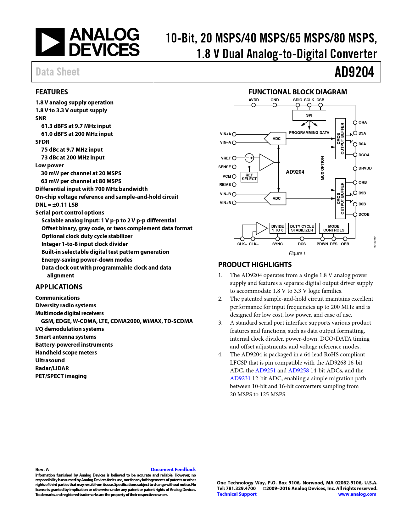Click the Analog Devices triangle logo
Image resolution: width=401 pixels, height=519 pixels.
[50, 42]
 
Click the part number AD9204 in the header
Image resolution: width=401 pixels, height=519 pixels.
[354, 72]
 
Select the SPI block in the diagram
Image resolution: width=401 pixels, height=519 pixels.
[309, 115]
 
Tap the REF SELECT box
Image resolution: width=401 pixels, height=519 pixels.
[249, 177]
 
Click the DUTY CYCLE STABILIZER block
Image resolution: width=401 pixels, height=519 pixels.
[302, 228]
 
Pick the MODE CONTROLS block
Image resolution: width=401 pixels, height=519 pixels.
[334, 228]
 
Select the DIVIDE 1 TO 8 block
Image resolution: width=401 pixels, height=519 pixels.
[277, 228]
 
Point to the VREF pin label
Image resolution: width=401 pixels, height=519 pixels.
[226, 158]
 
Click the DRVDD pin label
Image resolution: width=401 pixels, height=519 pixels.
[365, 168]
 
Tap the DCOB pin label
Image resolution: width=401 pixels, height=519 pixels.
[364, 215]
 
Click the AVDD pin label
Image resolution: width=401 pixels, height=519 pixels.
[253, 100]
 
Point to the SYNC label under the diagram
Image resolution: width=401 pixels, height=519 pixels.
[277, 244]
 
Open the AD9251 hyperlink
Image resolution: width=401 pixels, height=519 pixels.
[265, 371]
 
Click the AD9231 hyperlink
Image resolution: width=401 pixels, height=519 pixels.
[240, 378]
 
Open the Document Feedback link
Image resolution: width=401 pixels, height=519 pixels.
[173, 470]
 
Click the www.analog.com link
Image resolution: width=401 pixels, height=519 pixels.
[357, 494]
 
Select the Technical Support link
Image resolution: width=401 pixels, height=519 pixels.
[237, 494]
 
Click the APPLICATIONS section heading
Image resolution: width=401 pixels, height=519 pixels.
[59, 287]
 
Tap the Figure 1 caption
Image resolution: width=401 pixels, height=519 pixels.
[298, 254]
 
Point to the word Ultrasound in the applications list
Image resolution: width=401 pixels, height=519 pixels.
[50, 360]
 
